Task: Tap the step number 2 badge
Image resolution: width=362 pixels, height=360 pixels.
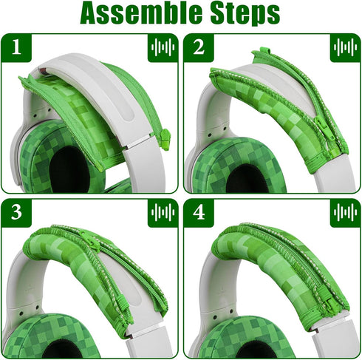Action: coord(198,48)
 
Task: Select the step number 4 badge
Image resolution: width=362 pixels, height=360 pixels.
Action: coord(198,214)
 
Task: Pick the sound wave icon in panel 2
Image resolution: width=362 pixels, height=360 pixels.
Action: coord(345,48)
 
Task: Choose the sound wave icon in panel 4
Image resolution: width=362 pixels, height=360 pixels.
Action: coord(345,214)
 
